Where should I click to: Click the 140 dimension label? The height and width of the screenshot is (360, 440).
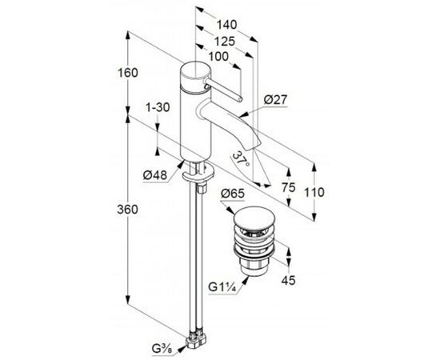[226, 25]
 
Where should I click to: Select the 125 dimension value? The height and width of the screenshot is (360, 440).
[225, 42]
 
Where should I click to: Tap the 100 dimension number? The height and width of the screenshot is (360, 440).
[218, 57]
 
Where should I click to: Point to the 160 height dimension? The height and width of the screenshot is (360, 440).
[128, 73]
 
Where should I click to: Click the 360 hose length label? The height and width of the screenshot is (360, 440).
[128, 210]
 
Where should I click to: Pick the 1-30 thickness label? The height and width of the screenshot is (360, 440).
[158, 107]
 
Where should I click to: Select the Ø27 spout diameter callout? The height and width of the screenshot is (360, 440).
[276, 100]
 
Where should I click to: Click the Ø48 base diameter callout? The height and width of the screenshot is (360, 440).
[155, 176]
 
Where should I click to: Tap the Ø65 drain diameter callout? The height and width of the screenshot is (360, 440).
[233, 194]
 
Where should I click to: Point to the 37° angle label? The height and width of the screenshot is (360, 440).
[242, 159]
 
